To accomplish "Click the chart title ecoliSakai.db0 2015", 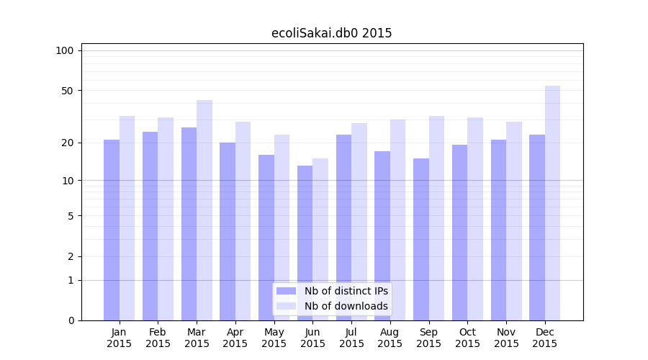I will pos(331,33).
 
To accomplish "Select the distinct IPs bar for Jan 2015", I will pos(112,230).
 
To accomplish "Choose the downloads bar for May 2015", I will pos(282,228).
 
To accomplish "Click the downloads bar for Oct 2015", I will pos(475,219).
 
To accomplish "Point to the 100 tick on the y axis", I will pos(65,50).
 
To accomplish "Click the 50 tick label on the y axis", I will pos(67,91).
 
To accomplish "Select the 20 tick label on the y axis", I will pos(67,143).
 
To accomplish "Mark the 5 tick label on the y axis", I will pos(70,215).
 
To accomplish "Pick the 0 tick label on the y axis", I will pos(70,320).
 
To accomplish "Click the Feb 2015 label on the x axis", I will pos(158,338).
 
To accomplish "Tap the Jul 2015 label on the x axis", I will pos(351,338).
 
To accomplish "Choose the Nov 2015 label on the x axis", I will pos(506,338).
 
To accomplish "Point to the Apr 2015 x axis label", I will pos(235,338).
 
